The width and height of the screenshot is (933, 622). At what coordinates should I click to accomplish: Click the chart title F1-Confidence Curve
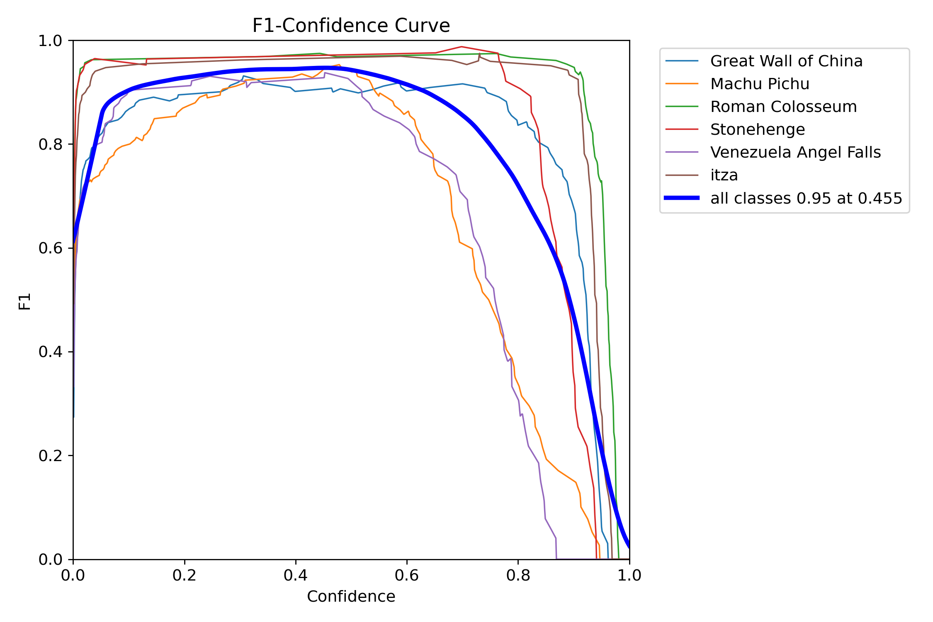(x=351, y=26)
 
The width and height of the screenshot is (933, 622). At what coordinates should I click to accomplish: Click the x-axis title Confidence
(x=351, y=596)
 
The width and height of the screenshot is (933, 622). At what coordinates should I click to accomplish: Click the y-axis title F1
(x=25, y=301)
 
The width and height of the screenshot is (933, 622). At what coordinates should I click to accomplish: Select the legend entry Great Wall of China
(x=786, y=61)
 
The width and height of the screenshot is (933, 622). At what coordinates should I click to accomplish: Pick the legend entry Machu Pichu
(x=760, y=84)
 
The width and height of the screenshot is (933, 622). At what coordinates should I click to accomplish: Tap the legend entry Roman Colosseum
(x=783, y=107)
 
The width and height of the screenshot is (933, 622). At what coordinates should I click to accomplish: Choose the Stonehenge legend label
(x=758, y=130)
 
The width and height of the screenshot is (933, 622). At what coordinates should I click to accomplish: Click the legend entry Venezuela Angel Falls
(x=795, y=153)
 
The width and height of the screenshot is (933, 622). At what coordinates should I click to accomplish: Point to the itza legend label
(x=724, y=175)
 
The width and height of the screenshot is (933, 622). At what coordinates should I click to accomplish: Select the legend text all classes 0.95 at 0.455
(x=806, y=198)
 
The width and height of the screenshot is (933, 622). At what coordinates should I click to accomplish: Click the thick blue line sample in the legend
(x=682, y=198)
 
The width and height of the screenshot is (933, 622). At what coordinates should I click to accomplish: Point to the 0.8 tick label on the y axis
(x=50, y=144)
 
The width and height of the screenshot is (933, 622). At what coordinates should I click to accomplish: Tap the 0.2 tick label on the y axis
(x=50, y=456)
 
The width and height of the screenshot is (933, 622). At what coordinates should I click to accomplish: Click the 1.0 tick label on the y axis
(x=50, y=41)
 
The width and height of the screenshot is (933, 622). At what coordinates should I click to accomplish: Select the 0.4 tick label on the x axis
(x=296, y=575)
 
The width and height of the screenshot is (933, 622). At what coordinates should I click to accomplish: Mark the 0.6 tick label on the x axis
(x=407, y=575)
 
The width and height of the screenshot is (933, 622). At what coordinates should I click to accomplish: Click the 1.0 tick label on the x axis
(x=629, y=575)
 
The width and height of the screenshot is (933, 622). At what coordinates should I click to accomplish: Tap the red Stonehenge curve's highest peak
(x=461, y=47)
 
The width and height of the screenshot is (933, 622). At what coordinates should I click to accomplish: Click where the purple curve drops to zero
(x=556, y=559)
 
